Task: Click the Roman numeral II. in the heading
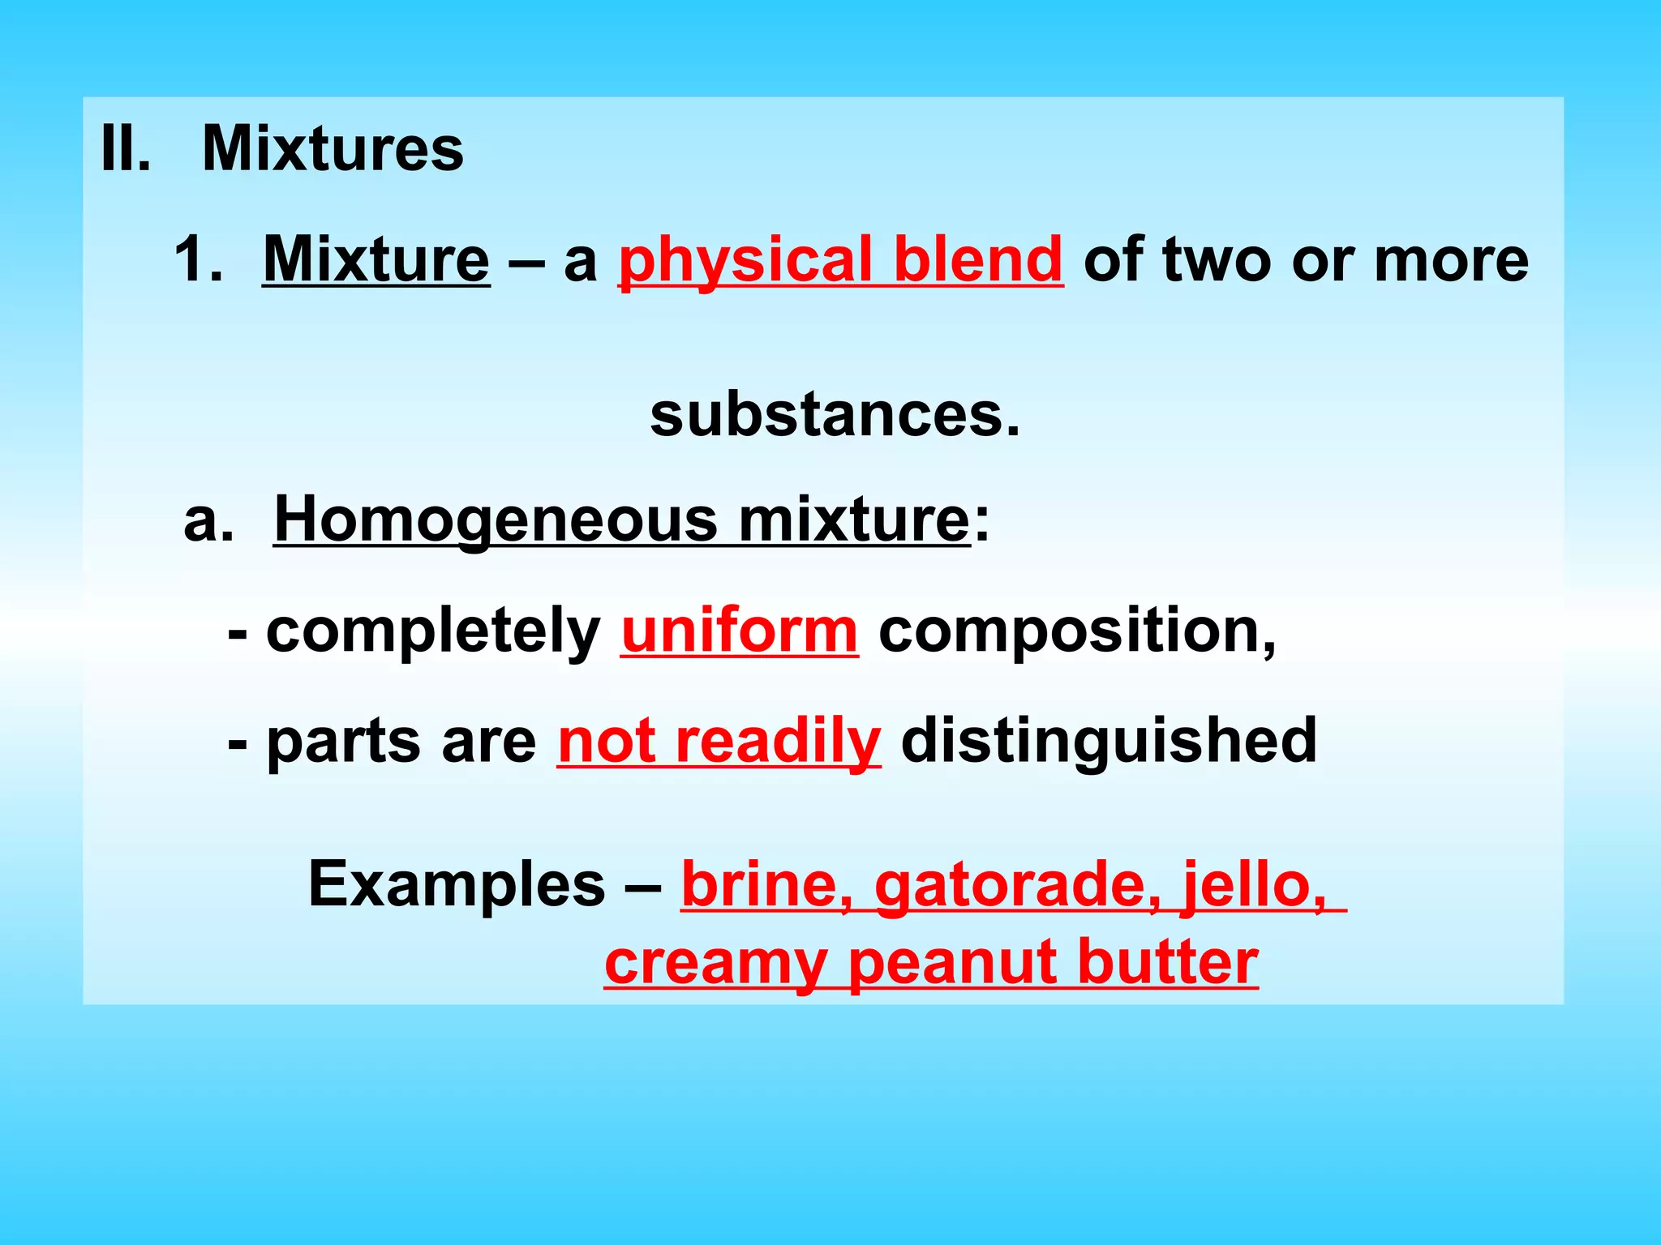click(125, 149)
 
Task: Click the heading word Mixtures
click(333, 149)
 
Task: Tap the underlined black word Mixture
click(376, 259)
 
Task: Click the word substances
click(835, 415)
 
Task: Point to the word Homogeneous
click(496, 520)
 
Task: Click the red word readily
click(778, 742)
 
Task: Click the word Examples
click(457, 883)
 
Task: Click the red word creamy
click(715, 965)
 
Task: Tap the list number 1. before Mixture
click(198, 259)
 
